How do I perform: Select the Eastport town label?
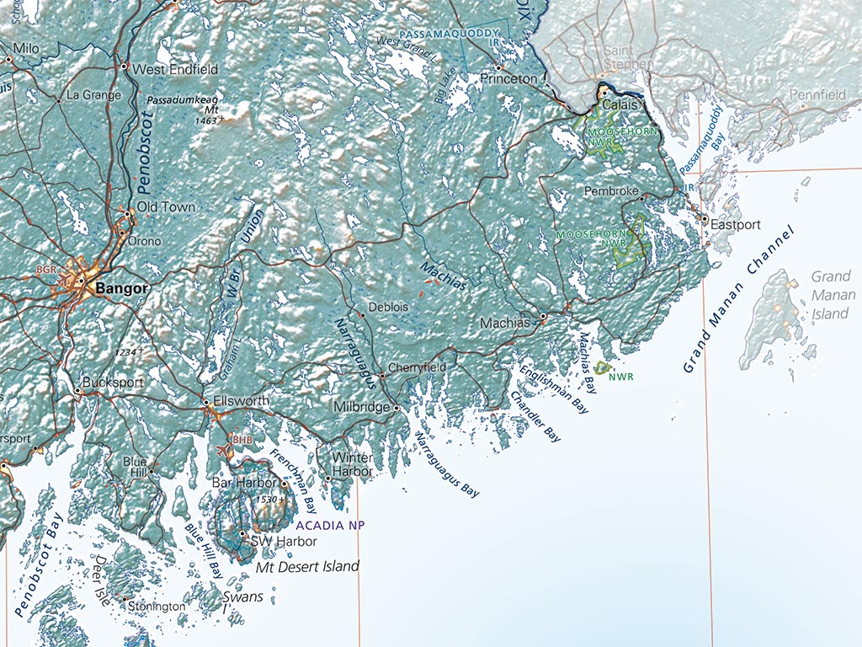(x=735, y=225)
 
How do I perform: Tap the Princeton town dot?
(x=498, y=67)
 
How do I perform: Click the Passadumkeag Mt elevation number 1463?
(x=205, y=121)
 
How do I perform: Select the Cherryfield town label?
(x=417, y=368)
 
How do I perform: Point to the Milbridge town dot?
(x=396, y=408)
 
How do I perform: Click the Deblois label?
(x=388, y=307)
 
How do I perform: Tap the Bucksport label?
(x=113, y=382)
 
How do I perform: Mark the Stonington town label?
(x=157, y=607)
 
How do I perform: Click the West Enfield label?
(x=175, y=69)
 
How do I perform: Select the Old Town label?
(x=166, y=206)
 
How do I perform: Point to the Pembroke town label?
(x=611, y=191)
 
